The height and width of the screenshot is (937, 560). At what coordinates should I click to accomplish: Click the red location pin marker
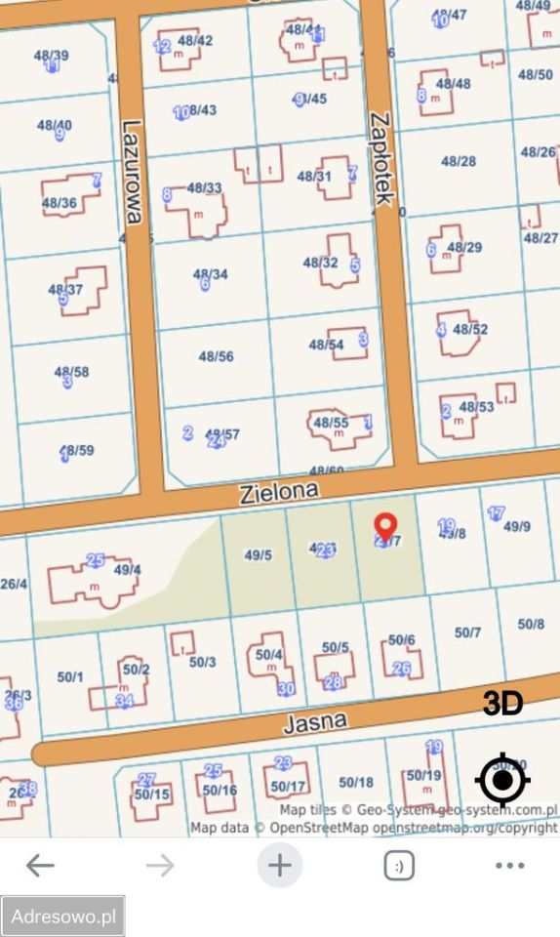click(385, 527)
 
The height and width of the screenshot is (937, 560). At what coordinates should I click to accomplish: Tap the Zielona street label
click(279, 493)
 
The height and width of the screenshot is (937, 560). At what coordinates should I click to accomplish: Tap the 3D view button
click(502, 704)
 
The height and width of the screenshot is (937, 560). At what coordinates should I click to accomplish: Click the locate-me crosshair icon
click(502, 780)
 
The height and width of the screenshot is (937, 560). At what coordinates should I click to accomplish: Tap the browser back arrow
click(40, 865)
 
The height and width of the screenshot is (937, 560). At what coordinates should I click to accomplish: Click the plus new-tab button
click(280, 865)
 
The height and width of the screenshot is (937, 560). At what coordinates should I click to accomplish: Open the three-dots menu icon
click(509, 865)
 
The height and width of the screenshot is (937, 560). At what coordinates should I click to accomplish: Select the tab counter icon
click(398, 865)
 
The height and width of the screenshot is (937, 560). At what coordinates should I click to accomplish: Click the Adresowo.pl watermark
click(63, 917)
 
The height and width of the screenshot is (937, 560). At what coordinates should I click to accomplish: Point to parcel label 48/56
click(216, 356)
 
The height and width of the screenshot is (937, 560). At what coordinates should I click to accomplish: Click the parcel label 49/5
click(258, 554)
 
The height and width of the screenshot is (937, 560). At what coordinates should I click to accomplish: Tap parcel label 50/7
click(468, 632)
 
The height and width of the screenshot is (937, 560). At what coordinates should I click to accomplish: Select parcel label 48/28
click(459, 161)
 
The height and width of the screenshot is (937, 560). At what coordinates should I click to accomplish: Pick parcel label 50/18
click(356, 782)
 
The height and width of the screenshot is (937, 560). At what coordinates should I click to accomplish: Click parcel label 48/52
click(470, 329)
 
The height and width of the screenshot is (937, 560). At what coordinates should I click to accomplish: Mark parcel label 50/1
click(70, 676)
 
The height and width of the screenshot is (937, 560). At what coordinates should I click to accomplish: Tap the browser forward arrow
click(159, 865)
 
